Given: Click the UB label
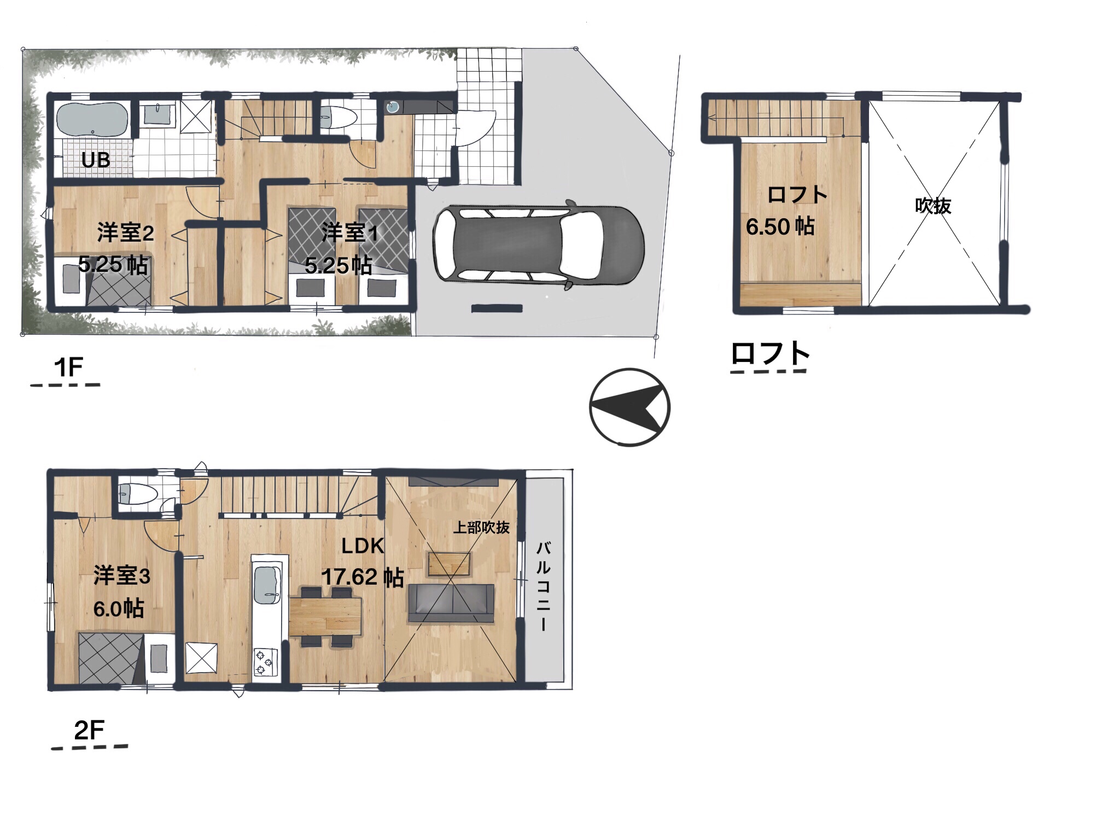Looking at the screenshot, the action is click(x=96, y=160).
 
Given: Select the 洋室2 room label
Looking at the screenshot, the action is click(x=125, y=233).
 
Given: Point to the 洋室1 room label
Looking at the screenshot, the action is click(x=349, y=233).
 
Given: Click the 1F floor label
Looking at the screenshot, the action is click(x=68, y=367).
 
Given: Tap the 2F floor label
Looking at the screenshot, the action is click(x=89, y=730).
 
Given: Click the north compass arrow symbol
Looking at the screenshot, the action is click(x=629, y=407).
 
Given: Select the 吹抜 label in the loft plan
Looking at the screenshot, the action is click(x=933, y=206).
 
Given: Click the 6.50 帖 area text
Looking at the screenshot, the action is click(x=780, y=226).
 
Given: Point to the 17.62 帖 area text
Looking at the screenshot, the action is click(x=363, y=577).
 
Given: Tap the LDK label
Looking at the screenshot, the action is click(x=363, y=546).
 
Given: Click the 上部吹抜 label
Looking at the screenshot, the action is click(x=481, y=527).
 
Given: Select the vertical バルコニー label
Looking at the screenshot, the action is click(x=544, y=586).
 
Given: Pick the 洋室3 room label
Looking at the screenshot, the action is click(x=121, y=576).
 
